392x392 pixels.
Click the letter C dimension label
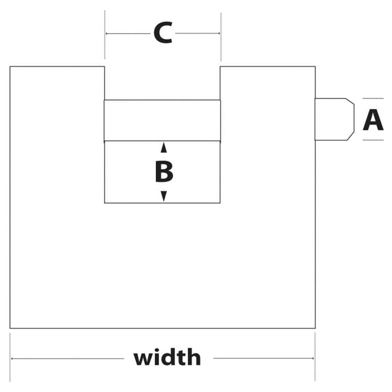tap(163, 34)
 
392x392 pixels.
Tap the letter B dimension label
tap(164, 172)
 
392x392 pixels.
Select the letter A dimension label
tap(373, 120)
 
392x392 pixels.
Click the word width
tap(167, 358)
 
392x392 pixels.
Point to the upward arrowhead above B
tap(164, 147)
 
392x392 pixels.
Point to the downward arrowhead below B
tap(164, 196)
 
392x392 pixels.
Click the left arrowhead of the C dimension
tap(107, 34)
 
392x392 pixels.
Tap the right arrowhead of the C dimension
tap(218, 34)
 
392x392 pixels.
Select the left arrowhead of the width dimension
tap(13, 358)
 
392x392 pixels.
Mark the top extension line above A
tap(373, 98)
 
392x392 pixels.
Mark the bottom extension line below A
tap(373, 140)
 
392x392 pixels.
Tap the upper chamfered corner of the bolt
tap(350, 101)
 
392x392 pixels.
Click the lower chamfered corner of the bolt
tap(350, 137)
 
